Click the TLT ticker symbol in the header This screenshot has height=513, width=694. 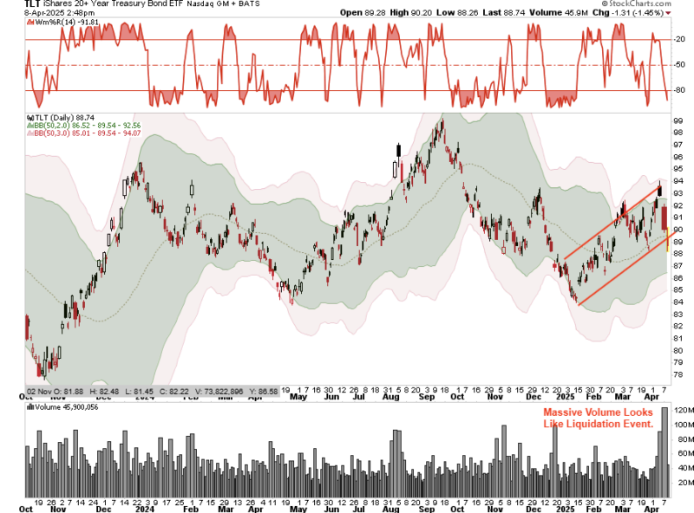[10, 4]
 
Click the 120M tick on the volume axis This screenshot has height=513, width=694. [681, 409]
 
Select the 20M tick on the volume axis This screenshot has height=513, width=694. [681, 482]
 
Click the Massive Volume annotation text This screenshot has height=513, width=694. [598, 419]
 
